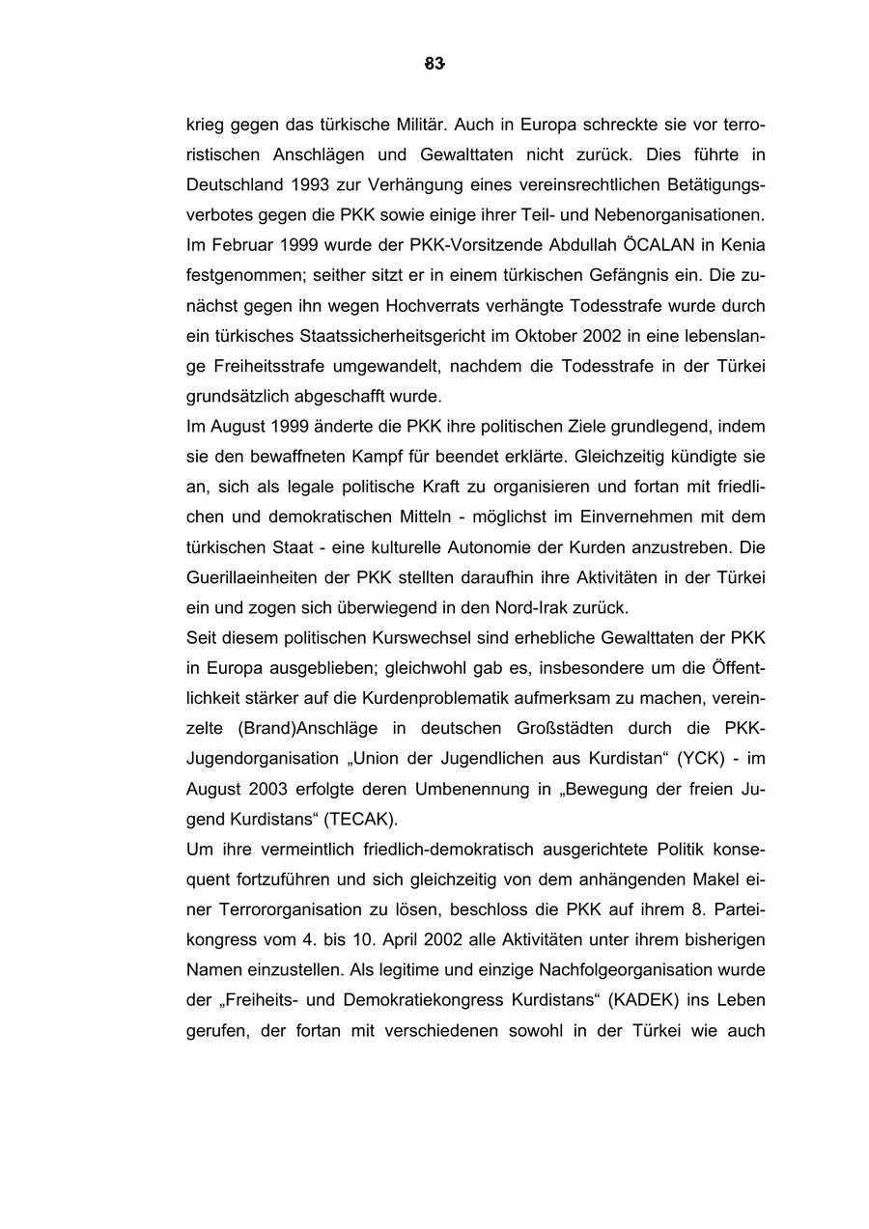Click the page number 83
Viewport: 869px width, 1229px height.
[434, 65]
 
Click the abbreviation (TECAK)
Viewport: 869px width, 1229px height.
[360, 819]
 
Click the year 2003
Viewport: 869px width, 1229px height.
[267, 789]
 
